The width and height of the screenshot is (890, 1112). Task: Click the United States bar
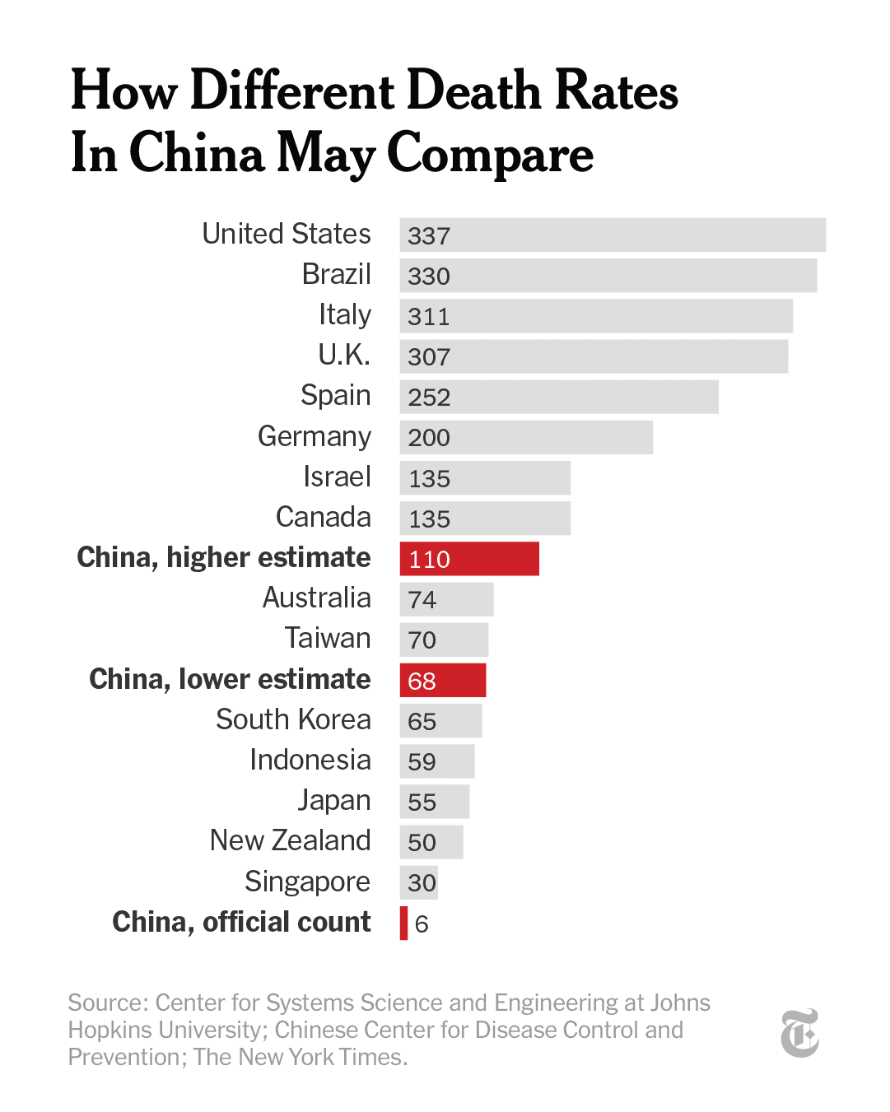613,235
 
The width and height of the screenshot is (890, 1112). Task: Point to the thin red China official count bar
403,923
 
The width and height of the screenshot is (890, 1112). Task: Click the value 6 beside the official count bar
422,924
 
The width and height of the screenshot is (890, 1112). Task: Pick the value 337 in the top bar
429,235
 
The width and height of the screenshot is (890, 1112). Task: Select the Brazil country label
336,274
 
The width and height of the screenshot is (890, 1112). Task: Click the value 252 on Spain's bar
429,398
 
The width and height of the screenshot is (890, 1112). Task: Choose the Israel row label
337,477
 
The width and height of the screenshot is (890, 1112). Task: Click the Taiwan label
327,638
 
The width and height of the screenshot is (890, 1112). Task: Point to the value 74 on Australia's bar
422,599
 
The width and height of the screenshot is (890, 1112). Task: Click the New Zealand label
290,840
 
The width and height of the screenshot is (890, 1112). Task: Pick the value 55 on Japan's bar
422,802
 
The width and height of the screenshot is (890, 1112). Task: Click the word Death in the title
475,91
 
